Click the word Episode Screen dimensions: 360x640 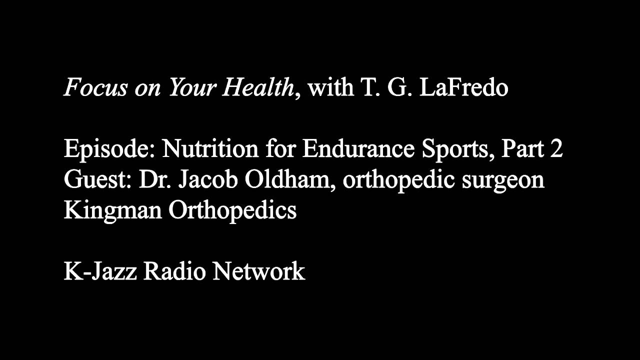108,149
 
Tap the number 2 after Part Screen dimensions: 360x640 556,149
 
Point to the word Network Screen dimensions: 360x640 258,271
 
